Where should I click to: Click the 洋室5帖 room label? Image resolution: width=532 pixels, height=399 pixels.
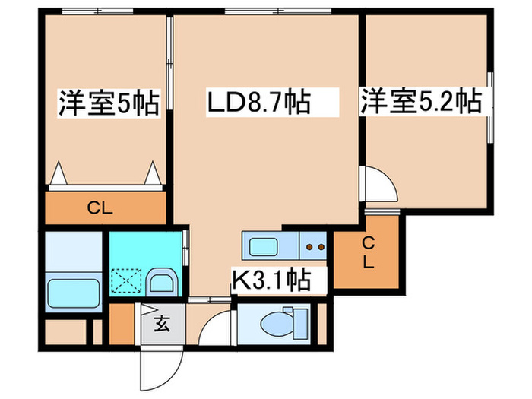click(109, 103)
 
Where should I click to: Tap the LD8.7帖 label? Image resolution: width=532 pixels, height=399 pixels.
click(259, 102)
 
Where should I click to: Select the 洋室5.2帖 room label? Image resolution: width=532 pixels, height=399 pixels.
click(421, 101)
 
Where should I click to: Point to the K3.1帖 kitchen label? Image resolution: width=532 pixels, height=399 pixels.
click(271, 280)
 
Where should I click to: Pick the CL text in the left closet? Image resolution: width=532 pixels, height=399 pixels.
click(100, 208)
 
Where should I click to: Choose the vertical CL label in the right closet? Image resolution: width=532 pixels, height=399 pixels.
click(368, 253)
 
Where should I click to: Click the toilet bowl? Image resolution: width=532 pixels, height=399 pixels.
click(275, 324)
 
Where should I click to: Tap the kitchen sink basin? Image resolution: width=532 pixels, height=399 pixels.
click(263, 247)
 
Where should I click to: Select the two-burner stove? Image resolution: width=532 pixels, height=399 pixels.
click(313, 246)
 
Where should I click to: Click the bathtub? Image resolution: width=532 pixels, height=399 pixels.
click(74, 293)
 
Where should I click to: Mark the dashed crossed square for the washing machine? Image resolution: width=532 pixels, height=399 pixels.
click(126, 280)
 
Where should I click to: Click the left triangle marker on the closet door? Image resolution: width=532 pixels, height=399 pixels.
click(60, 173)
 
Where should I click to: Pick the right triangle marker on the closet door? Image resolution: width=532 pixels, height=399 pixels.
click(153, 173)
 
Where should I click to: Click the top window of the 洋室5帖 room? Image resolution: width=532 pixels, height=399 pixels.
click(98, 11)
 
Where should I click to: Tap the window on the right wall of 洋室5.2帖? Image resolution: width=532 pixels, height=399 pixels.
click(490, 108)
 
